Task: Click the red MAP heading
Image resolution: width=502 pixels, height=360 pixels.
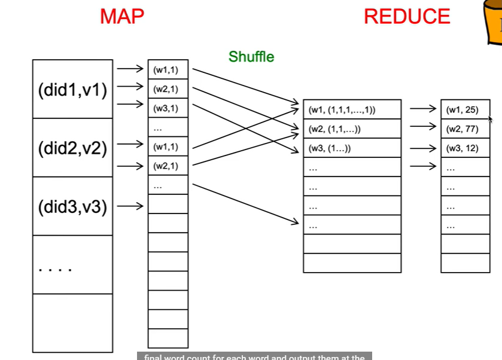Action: [122, 16]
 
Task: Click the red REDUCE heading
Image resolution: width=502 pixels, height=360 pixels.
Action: [407, 16]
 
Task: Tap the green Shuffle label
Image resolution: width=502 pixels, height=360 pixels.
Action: [251, 57]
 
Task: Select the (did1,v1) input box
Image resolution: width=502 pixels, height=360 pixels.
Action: [72, 90]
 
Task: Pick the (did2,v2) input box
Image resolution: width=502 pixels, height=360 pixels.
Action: [72, 148]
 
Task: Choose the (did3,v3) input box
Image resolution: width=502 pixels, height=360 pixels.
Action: [72, 207]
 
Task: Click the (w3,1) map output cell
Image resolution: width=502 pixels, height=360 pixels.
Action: [168, 108]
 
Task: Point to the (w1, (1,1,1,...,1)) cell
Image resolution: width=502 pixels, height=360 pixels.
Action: [352, 109]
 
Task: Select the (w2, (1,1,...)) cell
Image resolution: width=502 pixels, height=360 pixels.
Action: [352, 129]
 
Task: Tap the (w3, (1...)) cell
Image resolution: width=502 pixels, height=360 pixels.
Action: [352, 148]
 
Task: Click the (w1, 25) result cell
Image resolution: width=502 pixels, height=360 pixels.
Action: [465, 109]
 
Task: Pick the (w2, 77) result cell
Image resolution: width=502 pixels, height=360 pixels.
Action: [465, 129]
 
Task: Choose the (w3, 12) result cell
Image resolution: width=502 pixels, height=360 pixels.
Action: [465, 148]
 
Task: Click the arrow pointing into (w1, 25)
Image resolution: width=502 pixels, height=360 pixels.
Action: [423, 109]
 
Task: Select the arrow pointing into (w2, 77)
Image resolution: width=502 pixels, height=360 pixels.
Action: [423, 127]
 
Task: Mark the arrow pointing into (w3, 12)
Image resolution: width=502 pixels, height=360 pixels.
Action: [423, 148]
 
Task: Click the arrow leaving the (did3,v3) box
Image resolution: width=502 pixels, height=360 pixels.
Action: [130, 207]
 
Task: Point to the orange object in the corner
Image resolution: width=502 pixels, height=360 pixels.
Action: [493, 22]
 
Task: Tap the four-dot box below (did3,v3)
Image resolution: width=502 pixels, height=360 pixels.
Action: [72, 266]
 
